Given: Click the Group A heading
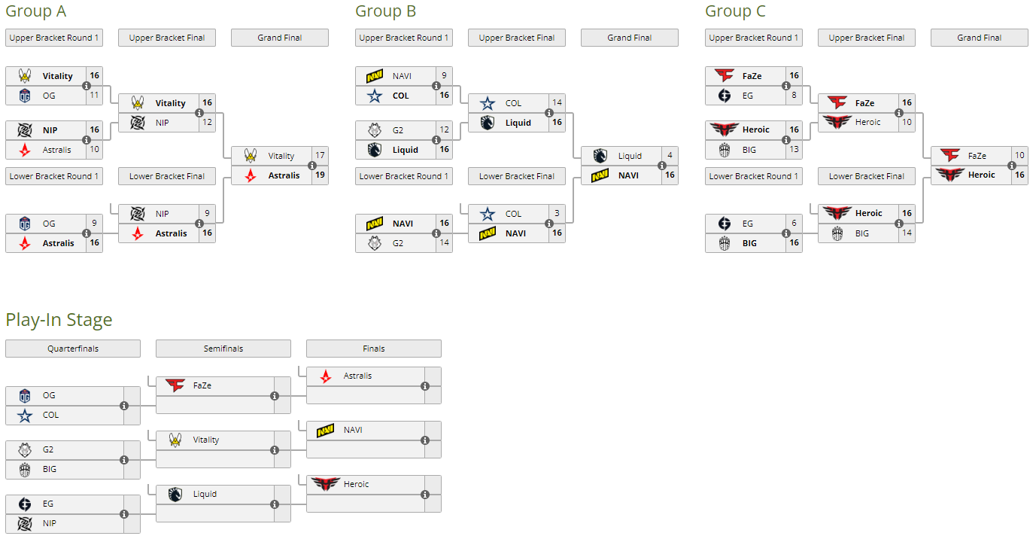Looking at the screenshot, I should click(35, 11).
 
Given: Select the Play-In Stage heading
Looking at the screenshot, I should click(59, 320).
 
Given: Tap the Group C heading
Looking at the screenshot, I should click(735, 11).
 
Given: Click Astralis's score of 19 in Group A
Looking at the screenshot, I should click(320, 175).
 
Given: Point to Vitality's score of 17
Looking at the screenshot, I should click(320, 156).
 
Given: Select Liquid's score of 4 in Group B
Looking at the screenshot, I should click(670, 156).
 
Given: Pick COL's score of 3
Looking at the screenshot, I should click(557, 214).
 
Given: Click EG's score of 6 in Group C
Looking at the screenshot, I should click(794, 224).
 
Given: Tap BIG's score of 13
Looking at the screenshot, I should click(794, 150).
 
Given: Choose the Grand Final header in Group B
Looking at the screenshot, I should click(630, 38).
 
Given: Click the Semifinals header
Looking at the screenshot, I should click(223, 349).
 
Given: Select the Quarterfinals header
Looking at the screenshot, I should click(73, 349).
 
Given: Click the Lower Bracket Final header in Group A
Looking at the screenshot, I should click(167, 176).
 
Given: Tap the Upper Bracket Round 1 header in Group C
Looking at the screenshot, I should click(754, 38).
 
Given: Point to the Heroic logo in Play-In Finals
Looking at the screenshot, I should click(326, 484).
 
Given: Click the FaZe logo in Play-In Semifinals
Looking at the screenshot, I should click(175, 385).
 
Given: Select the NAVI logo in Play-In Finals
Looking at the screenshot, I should click(326, 430).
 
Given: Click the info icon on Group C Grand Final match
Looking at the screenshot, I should click(1012, 166).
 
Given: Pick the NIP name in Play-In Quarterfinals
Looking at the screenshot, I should click(50, 523).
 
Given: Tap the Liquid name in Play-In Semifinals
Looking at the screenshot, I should click(205, 494).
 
